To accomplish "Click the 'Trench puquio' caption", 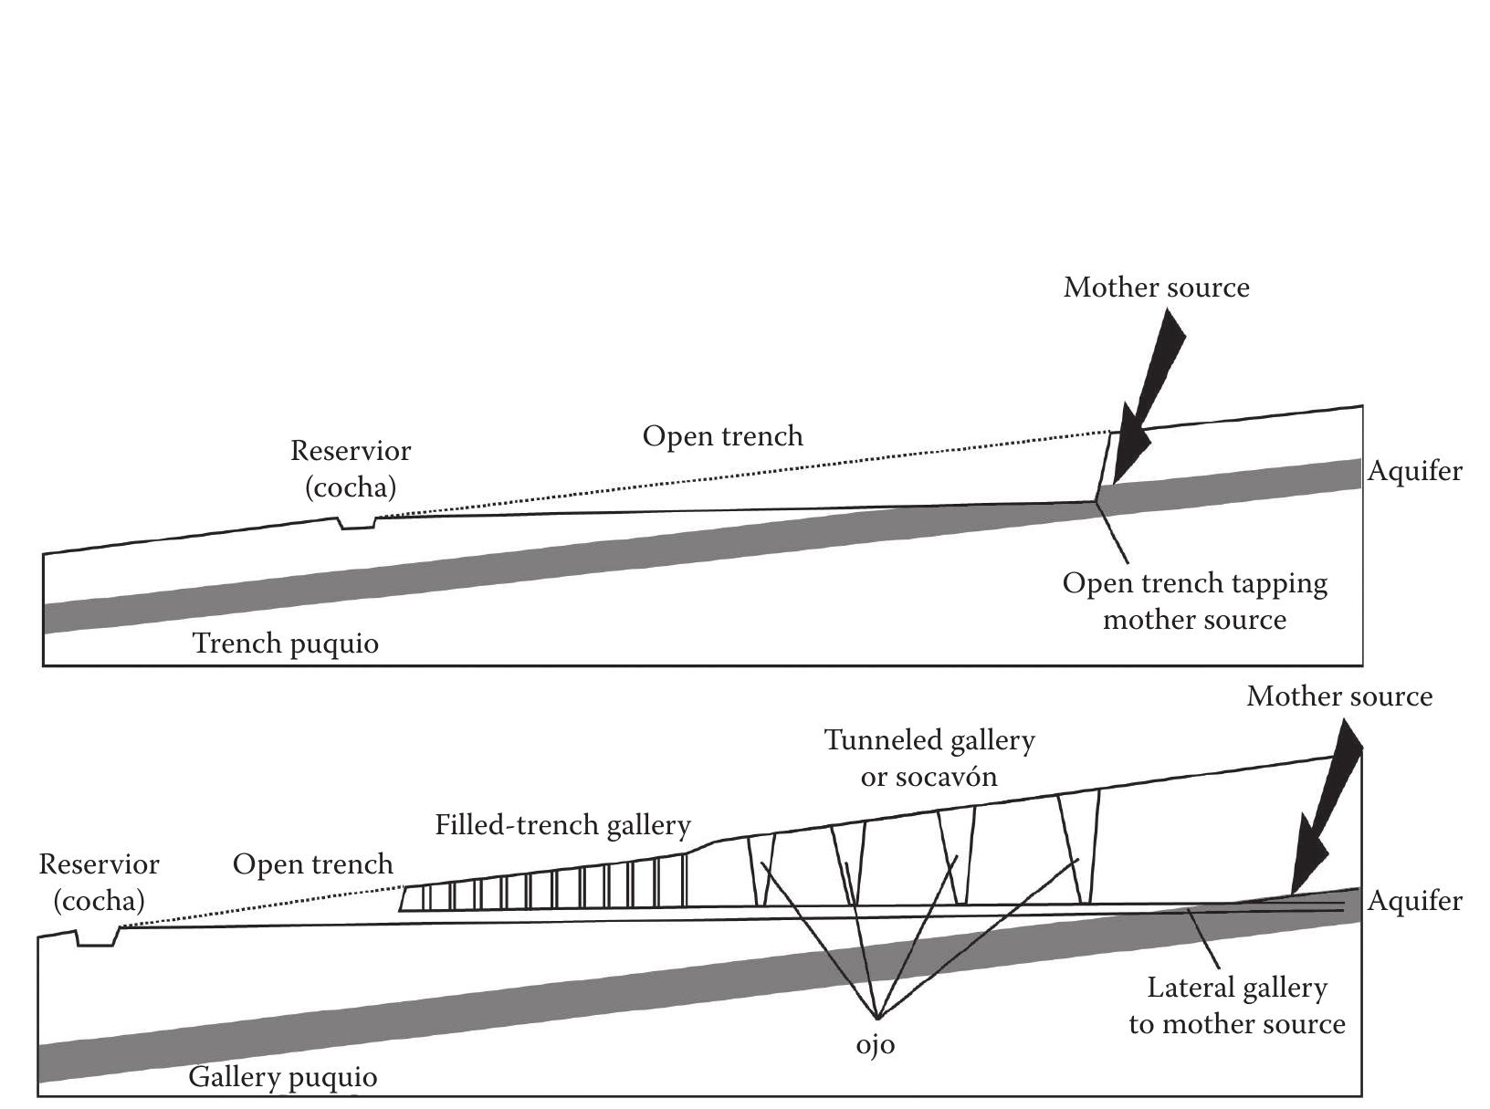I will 286,643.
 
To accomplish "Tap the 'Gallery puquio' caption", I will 282,1077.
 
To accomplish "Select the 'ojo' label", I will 875,1044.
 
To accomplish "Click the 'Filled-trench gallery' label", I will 562,825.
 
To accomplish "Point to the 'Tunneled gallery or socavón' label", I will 929,758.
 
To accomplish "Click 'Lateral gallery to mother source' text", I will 1237,1005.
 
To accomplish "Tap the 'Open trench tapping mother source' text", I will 1194,601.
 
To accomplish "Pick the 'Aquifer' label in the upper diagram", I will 1414,471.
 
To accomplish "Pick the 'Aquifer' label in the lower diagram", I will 1414,901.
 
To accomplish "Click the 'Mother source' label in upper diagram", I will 1156,288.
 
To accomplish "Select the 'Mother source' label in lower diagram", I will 1338,696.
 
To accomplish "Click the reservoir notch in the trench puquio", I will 357,523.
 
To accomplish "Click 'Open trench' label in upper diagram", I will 722,436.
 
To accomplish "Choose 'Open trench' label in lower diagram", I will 312,863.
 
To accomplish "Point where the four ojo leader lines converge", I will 876,1018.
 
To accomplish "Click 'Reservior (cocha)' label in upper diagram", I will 351,468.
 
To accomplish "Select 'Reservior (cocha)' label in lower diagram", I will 99,882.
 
